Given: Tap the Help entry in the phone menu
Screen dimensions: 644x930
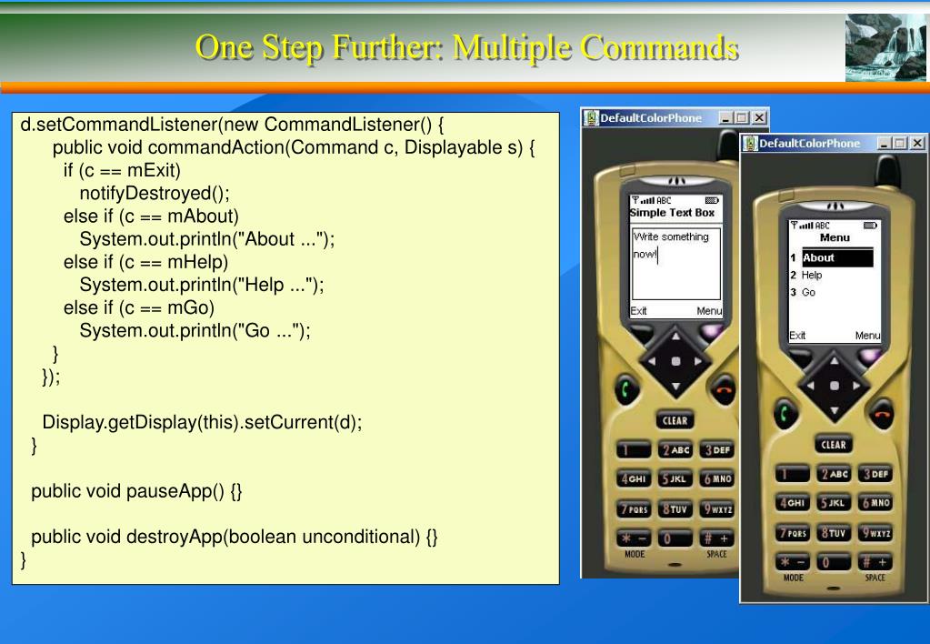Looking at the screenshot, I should click(812, 275).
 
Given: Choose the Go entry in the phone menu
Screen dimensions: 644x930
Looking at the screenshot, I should click(808, 292).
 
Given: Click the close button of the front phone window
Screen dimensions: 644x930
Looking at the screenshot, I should click(917, 144).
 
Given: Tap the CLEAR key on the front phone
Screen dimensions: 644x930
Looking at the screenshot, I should click(834, 445).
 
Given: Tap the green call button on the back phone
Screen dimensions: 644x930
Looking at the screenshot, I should click(627, 389).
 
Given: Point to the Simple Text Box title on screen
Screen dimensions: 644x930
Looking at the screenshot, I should click(673, 213).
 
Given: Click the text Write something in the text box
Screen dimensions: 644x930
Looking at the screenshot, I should click(672, 236).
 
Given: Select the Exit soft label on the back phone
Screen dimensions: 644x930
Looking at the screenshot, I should click(639, 310).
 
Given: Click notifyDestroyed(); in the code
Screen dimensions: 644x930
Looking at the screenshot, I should click(155, 193).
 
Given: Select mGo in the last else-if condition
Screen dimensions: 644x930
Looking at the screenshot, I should click(190, 308).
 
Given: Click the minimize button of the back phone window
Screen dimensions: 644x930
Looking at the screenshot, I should click(725, 118).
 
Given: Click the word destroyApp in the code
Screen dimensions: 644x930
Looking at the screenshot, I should click(179, 537).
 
